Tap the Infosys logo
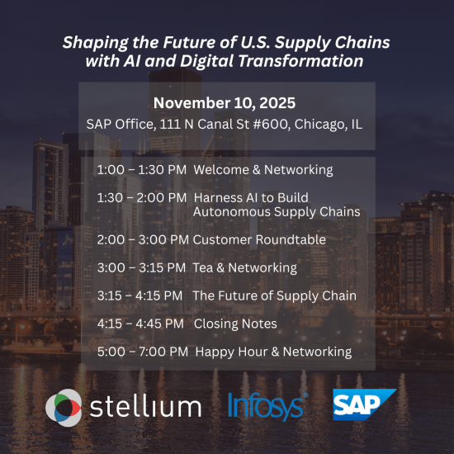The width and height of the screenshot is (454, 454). pos(267,405)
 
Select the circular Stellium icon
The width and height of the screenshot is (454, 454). pos(64,406)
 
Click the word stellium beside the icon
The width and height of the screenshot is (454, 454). pos(146,406)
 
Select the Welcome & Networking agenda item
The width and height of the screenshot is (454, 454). pos(263,170)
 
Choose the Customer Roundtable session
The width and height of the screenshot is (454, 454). pos(259,239)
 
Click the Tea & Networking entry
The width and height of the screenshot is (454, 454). pos(244,267)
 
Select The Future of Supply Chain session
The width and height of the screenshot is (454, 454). pos(274,296)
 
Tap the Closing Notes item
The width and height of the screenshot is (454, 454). pos(235,324)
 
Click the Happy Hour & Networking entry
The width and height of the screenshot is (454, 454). pos(273,352)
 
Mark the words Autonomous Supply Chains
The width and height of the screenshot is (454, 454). pos(277,211)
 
